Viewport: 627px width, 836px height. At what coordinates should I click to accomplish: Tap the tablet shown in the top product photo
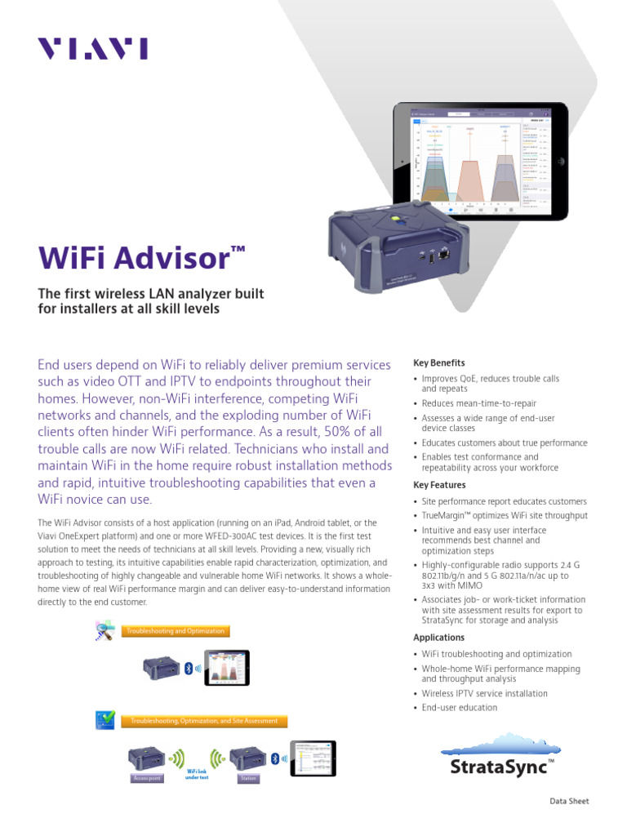pyautogui.click(x=480, y=159)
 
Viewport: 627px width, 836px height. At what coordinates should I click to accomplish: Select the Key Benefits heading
pyautogui.click(x=439, y=362)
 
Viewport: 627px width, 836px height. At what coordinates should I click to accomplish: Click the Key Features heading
pyautogui.click(x=439, y=485)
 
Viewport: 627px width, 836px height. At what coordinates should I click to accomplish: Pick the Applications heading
pyautogui.click(x=438, y=638)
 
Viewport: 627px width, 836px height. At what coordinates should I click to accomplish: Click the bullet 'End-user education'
pyautogui.click(x=459, y=708)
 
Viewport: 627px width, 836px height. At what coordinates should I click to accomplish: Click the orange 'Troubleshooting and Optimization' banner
pyautogui.click(x=174, y=631)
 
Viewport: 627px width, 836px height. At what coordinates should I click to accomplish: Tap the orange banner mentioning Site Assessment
pyautogui.click(x=204, y=721)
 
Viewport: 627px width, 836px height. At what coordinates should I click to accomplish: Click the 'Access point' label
pyautogui.click(x=147, y=779)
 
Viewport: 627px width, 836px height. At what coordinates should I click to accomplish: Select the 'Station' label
pyautogui.click(x=247, y=779)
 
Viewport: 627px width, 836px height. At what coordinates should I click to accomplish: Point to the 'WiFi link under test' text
pyautogui.click(x=198, y=774)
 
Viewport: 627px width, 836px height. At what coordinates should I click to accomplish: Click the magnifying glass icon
pyautogui.click(x=105, y=630)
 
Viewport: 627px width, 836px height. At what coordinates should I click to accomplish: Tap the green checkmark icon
pyautogui.click(x=106, y=719)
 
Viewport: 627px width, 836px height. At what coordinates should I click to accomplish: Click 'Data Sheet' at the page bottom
pyautogui.click(x=568, y=802)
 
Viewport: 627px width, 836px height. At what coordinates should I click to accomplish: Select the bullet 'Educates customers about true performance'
pyautogui.click(x=504, y=442)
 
